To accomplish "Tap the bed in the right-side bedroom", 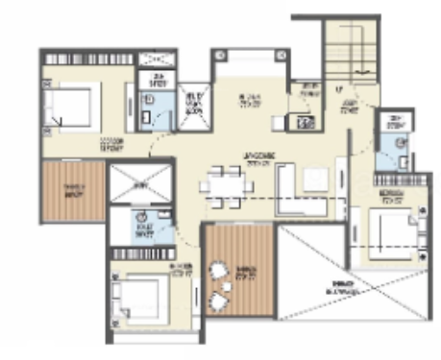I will [394, 230].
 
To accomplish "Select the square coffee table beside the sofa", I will [314, 178].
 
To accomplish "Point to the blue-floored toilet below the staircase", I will [393, 149].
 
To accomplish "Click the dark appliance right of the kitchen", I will [305, 122].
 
